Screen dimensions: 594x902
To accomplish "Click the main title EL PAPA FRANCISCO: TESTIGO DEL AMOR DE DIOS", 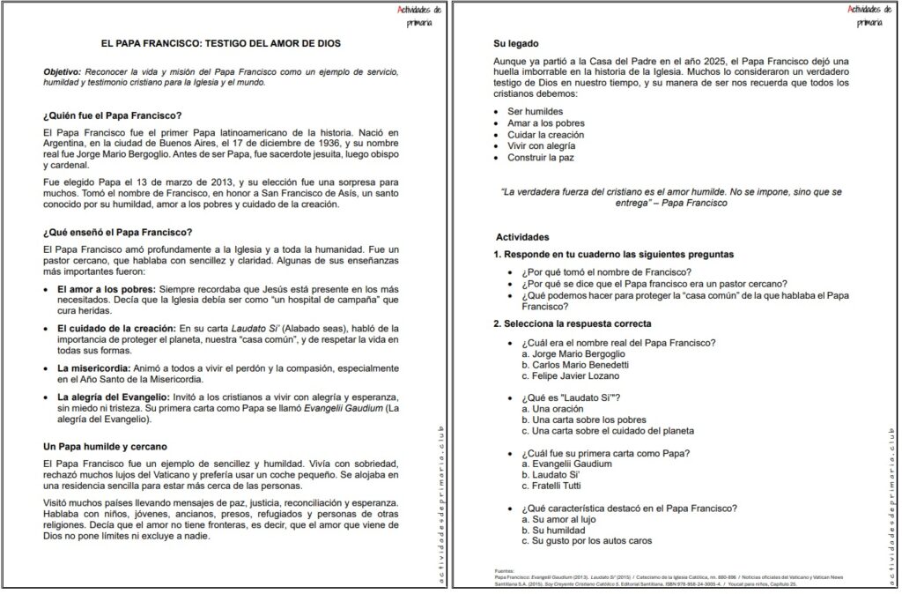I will pyautogui.click(x=221, y=43).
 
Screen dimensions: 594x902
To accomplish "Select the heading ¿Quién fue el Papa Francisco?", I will pyautogui.click(x=112, y=115).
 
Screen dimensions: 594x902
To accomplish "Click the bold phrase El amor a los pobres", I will pyautogui.click(x=99, y=288).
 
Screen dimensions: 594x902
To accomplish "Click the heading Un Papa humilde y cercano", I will pyautogui.click(x=105, y=447).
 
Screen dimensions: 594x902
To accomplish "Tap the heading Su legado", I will pyautogui.click(x=516, y=43).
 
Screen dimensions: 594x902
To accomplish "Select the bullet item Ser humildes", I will pyautogui.click(x=535, y=112).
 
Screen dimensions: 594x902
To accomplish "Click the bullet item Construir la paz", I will pyautogui.click(x=541, y=158).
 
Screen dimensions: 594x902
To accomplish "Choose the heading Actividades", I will pyautogui.click(x=522, y=238).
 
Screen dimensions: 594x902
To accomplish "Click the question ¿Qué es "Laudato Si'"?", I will pyautogui.click(x=572, y=398).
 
